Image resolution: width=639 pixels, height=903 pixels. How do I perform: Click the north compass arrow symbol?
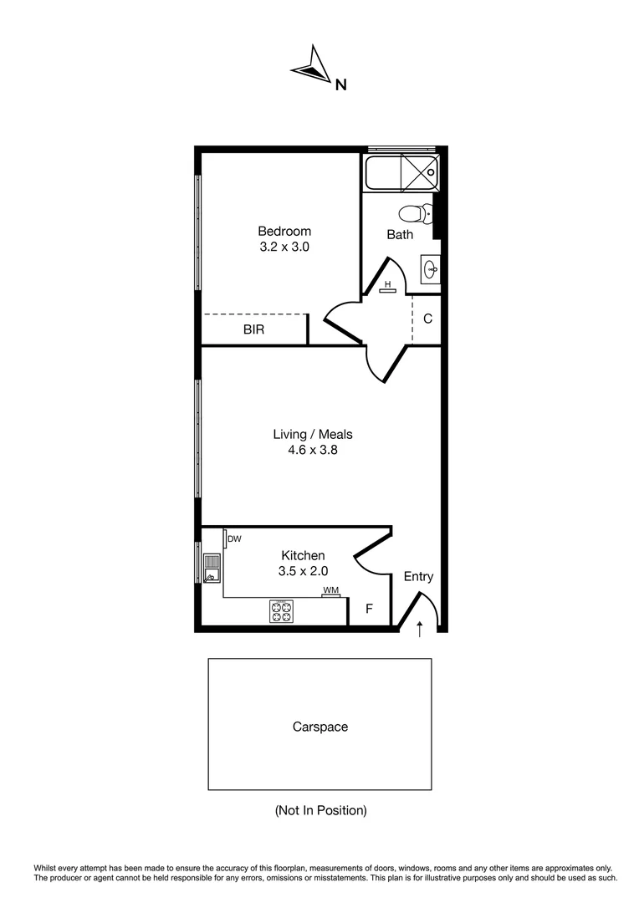311,68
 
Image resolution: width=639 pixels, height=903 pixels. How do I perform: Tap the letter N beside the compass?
340,84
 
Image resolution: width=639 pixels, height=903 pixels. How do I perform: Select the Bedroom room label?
284,232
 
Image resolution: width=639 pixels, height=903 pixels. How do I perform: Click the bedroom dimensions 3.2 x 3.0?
284,247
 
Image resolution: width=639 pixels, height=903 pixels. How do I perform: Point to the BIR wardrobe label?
253,329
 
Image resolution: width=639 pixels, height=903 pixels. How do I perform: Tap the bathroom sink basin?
431,269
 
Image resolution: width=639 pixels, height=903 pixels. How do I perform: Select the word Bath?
400,234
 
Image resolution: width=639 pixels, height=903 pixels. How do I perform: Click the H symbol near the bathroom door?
388,285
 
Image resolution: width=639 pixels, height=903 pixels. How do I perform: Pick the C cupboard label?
427,319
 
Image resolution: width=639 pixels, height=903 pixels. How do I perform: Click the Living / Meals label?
313,434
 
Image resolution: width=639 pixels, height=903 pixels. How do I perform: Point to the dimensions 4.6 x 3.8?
313,450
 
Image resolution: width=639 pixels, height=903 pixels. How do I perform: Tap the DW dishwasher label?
234,539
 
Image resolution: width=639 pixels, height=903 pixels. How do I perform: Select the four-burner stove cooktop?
281,612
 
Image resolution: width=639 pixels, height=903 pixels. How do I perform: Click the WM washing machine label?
331,591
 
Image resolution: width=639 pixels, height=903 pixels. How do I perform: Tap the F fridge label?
369,609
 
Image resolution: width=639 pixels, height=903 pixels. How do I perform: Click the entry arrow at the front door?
419,627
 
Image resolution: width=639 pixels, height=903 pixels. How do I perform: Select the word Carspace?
319,727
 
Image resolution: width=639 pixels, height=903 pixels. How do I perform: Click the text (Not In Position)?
320,810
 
